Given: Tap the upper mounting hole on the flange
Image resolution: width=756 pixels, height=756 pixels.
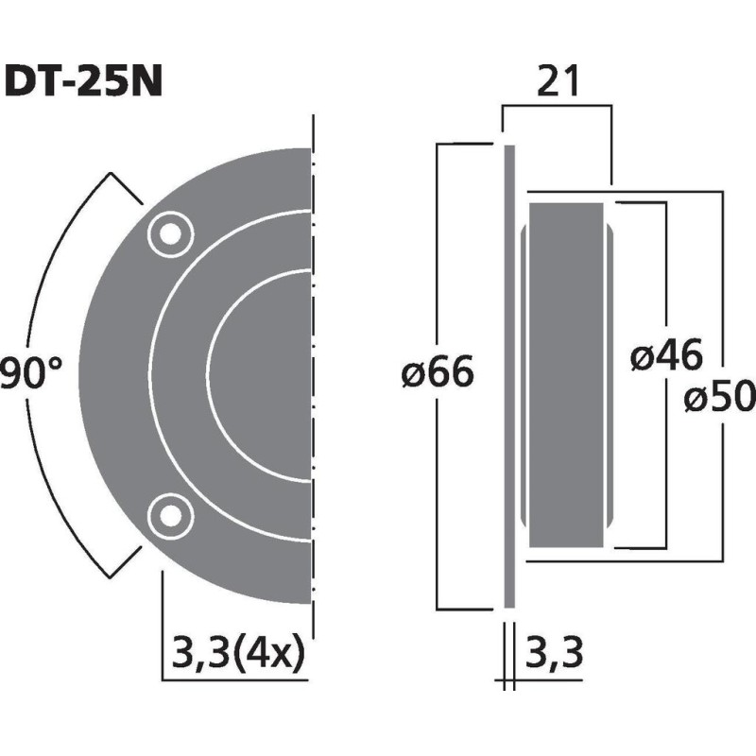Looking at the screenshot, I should point(169,232).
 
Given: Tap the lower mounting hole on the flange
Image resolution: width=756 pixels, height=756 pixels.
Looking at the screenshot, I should point(169,513).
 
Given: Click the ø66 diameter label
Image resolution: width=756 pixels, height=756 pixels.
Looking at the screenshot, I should point(437,374).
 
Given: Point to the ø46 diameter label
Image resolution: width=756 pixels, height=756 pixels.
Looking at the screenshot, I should point(667,357).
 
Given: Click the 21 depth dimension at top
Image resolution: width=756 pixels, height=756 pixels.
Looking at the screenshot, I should point(558,83).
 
